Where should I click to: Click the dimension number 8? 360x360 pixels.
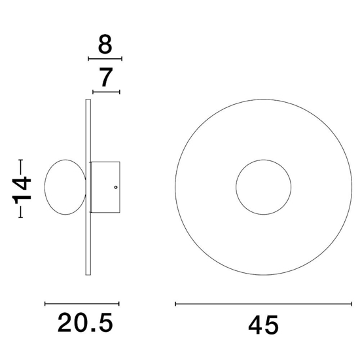click(x=105, y=45)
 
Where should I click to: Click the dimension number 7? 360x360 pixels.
click(x=106, y=77)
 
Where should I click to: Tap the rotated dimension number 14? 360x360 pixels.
click(x=22, y=189)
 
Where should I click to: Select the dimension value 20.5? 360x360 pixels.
click(x=85, y=323)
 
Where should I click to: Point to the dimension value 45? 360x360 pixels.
click(x=263, y=325)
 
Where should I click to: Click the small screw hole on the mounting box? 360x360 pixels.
click(x=116, y=187)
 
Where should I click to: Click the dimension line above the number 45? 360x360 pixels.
click(x=263, y=304)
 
